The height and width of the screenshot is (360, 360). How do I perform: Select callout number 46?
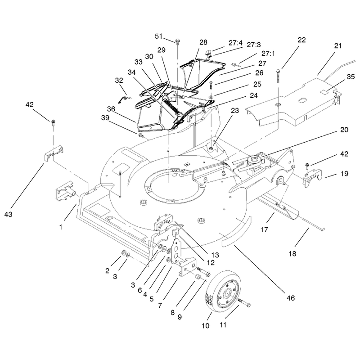pos(290,298)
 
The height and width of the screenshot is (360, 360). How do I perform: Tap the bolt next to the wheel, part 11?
pos(244,302)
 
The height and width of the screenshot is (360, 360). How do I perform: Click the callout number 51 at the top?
pos(159,36)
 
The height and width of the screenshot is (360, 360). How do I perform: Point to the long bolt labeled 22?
pos(278,76)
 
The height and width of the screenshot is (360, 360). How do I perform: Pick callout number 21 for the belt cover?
pos(338,46)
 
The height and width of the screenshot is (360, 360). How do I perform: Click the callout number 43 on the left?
pos(8,215)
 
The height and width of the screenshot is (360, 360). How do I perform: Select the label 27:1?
pos(268,54)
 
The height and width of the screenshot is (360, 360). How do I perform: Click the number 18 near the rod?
pos(292,254)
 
